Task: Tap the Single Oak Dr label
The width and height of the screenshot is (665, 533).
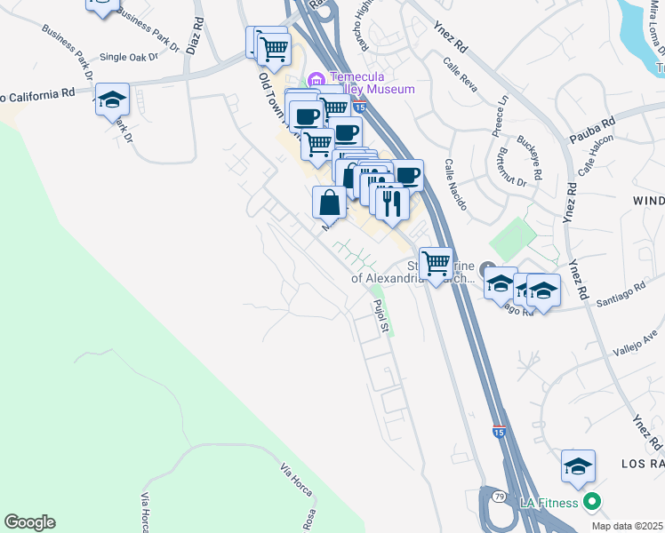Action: [x=128, y=57]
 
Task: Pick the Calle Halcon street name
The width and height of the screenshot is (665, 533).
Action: [x=597, y=158]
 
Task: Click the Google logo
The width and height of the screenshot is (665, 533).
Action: [x=29, y=521]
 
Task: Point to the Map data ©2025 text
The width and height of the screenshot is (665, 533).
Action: [x=627, y=526]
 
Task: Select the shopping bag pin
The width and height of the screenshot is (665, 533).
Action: [x=329, y=201]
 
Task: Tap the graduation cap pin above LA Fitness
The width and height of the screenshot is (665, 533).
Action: [x=578, y=465]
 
